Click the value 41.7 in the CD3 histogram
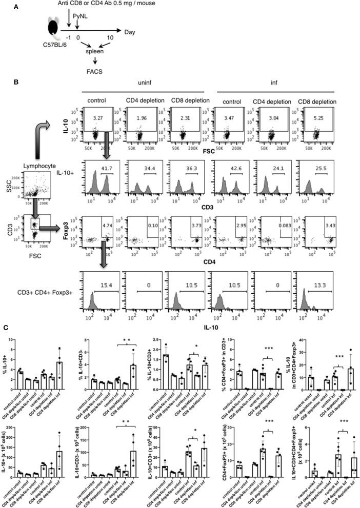coord(105,166)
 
